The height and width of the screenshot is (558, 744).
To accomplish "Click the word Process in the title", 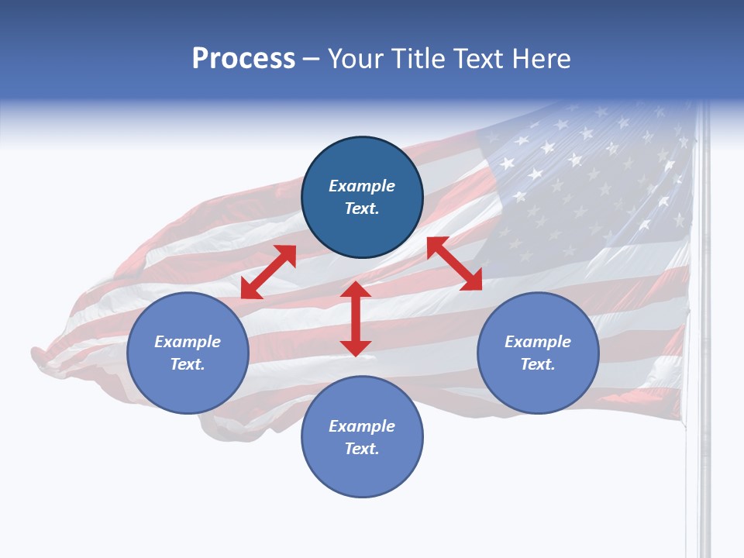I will tap(243, 59).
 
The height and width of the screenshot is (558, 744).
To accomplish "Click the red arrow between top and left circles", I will tap(268, 272).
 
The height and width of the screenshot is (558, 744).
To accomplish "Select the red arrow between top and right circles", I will tap(454, 263).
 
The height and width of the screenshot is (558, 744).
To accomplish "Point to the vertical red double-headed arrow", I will tap(356, 319).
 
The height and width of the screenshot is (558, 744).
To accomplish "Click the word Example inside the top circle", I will tap(362, 186).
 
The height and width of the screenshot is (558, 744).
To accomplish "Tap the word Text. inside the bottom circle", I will tap(362, 449).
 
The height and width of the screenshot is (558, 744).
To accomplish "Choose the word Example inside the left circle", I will tap(188, 342).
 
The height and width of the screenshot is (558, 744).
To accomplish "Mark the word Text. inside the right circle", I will tap(538, 364).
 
